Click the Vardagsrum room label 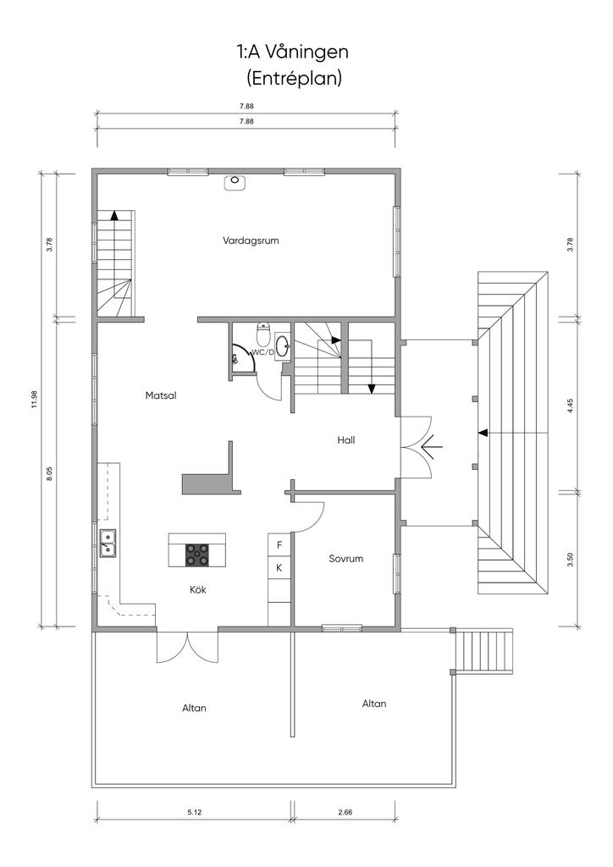tap(251, 240)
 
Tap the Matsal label tap(161, 395)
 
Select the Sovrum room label tap(346, 559)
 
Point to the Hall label tap(346, 440)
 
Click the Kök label tap(198, 590)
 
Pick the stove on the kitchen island tap(197, 555)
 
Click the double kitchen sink tap(108, 543)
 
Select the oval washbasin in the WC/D tap(282, 346)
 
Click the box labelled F tap(279, 545)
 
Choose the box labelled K tap(279, 568)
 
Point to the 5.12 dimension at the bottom tap(195, 812)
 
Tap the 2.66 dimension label tap(345, 812)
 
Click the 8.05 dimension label tap(49, 473)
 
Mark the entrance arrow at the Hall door tap(431, 445)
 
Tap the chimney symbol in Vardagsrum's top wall tap(235, 182)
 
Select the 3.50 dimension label tap(571, 559)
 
